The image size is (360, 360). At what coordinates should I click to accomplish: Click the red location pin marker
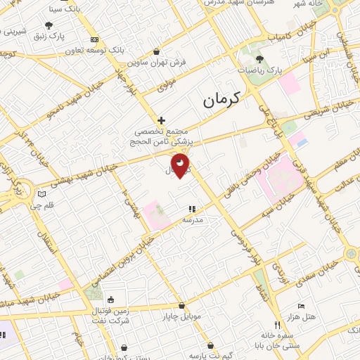click(181, 165)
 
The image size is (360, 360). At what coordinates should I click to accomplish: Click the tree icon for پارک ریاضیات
click(260, 60)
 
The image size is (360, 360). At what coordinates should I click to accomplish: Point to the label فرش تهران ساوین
click(162, 62)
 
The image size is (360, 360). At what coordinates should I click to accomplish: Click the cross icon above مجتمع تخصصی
click(162, 121)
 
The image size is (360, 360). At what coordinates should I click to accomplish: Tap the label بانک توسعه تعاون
click(90, 51)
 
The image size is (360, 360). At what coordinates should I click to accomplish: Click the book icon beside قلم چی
click(41, 194)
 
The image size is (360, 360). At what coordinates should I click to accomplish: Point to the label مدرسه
click(193, 220)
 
